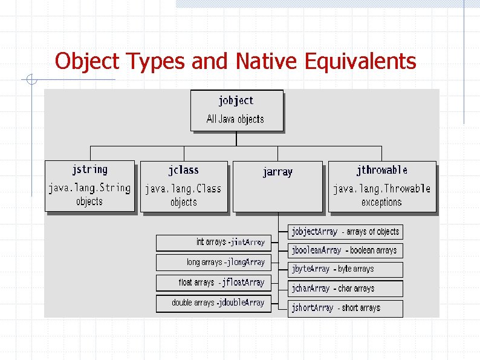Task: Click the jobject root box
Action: pos(236,110)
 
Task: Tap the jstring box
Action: pos(89,186)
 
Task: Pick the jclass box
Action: pos(184,186)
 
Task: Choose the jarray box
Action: pos(277,186)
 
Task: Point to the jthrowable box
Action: pos(381,186)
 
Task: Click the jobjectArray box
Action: pos(345,232)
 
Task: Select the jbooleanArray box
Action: pos(345,250)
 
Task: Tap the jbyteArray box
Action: pos(345,269)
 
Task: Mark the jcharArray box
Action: pos(345,289)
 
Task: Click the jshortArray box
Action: pos(345,308)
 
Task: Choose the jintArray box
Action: pos(213,243)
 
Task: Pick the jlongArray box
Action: pos(213,263)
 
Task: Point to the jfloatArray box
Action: pos(213,283)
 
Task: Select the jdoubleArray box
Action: pos(213,303)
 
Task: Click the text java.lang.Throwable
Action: pos(381,189)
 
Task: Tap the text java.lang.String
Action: pos(89,188)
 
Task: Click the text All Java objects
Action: pos(235,119)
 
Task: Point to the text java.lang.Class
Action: pos(183,189)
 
